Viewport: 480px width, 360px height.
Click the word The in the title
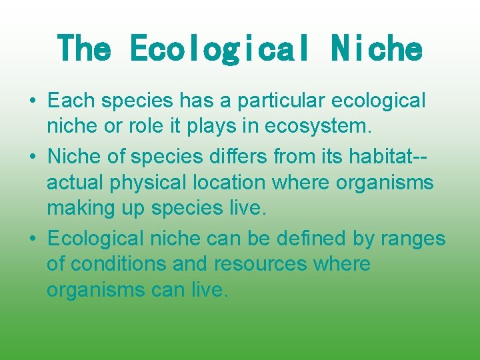pyautogui.click(x=85, y=49)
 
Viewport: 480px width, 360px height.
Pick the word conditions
pyautogui.click(x=119, y=264)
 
